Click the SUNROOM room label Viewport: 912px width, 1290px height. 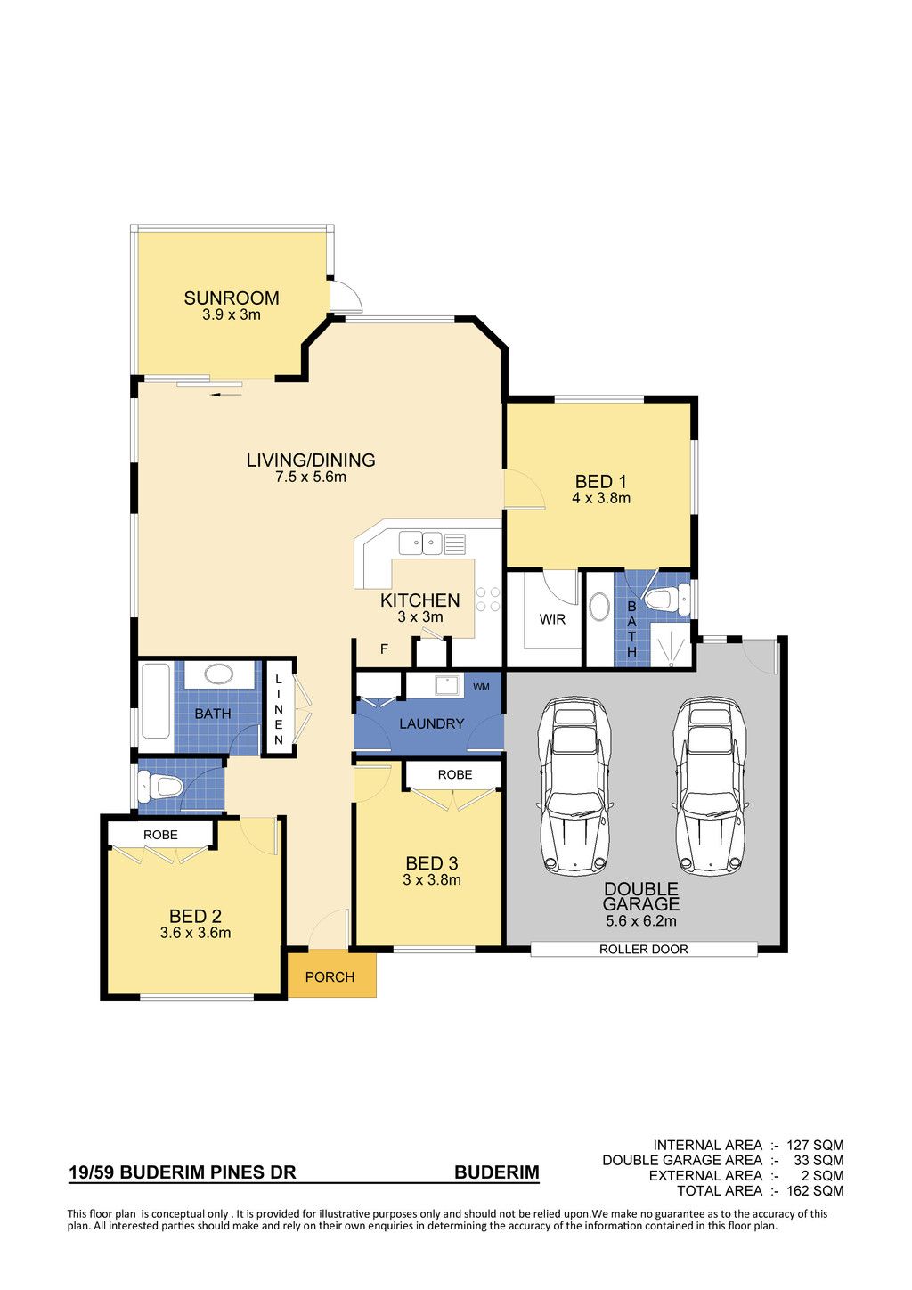click(x=231, y=298)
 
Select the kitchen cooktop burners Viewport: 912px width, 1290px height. click(x=488, y=599)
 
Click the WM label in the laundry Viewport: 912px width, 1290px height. click(x=481, y=687)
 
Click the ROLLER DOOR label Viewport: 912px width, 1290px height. click(x=643, y=950)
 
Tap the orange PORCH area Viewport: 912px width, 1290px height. click(x=331, y=976)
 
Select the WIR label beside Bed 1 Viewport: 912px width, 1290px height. click(x=552, y=620)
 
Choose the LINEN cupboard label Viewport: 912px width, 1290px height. click(x=279, y=710)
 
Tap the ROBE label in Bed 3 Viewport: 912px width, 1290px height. click(x=455, y=775)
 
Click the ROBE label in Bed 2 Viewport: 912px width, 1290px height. click(x=160, y=835)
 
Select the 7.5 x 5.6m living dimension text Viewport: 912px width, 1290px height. click(x=311, y=477)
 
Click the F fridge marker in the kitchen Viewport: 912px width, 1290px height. click(x=384, y=649)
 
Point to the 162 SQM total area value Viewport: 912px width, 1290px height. click(x=815, y=1191)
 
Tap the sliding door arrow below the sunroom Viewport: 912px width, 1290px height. click(x=224, y=395)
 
